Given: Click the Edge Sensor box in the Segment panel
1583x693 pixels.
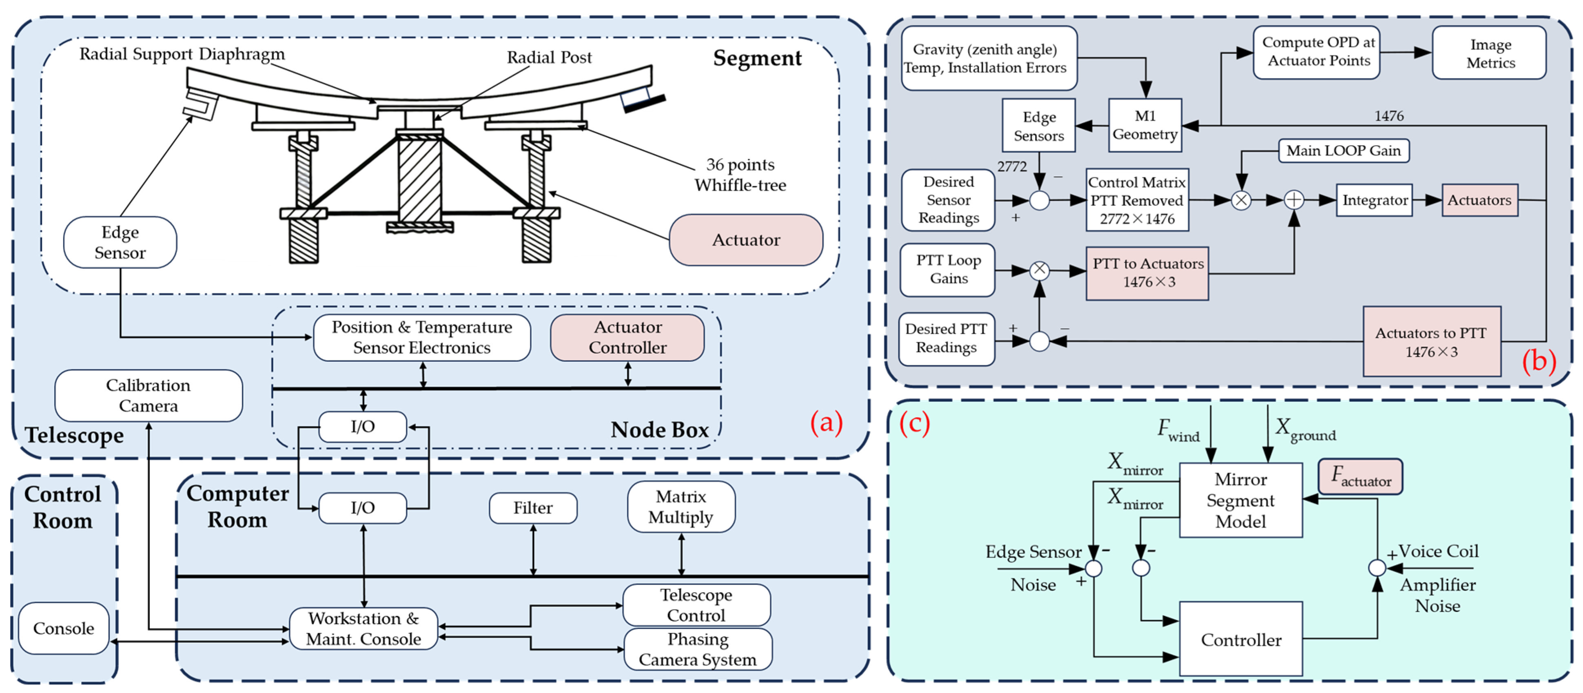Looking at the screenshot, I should click(x=120, y=242).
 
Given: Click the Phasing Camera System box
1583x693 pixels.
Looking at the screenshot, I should click(x=698, y=649).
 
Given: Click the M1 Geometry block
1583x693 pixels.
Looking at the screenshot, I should click(x=1145, y=125).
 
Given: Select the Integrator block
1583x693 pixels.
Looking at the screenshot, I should click(x=1374, y=200).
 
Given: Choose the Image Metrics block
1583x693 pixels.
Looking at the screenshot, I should click(x=1490, y=53).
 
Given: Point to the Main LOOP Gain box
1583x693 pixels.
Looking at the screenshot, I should click(x=1344, y=151).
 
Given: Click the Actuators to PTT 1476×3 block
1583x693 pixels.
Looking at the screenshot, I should click(x=1431, y=341).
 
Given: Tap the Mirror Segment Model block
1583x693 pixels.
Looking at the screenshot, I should click(x=1240, y=500).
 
